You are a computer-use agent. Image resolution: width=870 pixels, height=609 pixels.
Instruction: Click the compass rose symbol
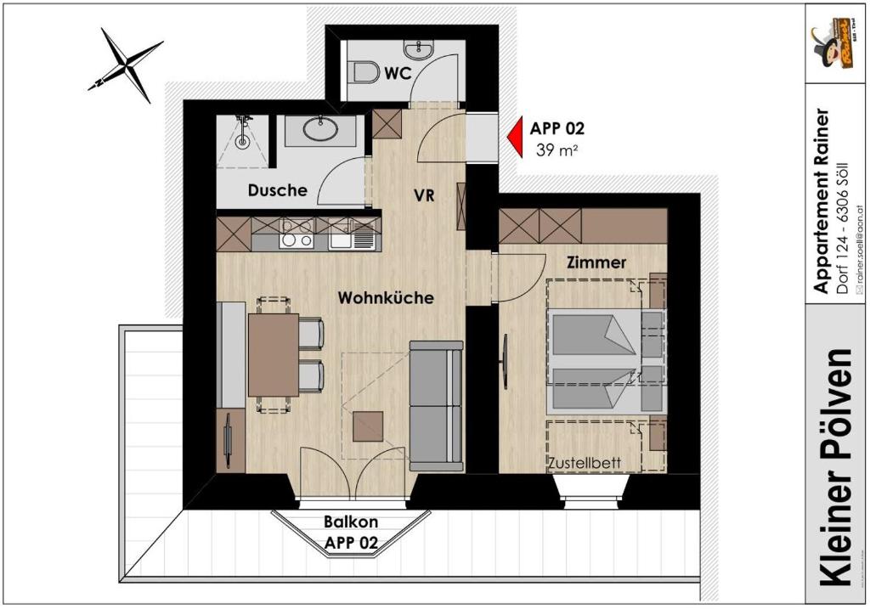pyautogui.click(x=126, y=64)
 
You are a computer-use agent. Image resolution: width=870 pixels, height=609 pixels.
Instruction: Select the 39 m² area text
pyautogui.click(x=557, y=150)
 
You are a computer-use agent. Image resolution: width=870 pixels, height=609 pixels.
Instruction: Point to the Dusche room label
pyautogui.click(x=277, y=191)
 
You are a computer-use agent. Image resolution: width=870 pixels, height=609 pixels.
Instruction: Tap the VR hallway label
pyautogui.click(x=424, y=195)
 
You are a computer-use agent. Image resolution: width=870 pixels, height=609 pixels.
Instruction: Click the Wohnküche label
pyautogui.click(x=386, y=298)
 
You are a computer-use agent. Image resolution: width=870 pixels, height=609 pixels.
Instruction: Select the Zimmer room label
pyautogui.click(x=596, y=263)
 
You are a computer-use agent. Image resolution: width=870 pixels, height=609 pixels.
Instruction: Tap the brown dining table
pyautogui.click(x=273, y=354)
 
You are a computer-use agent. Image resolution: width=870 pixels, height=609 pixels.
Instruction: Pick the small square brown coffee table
pyautogui.click(x=369, y=426)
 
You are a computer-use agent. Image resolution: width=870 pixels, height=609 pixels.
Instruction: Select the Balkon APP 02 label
pyautogui.click(x=351, y=532)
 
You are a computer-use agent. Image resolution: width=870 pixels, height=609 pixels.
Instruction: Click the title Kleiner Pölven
pyautogui.click(x=838, y=466)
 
